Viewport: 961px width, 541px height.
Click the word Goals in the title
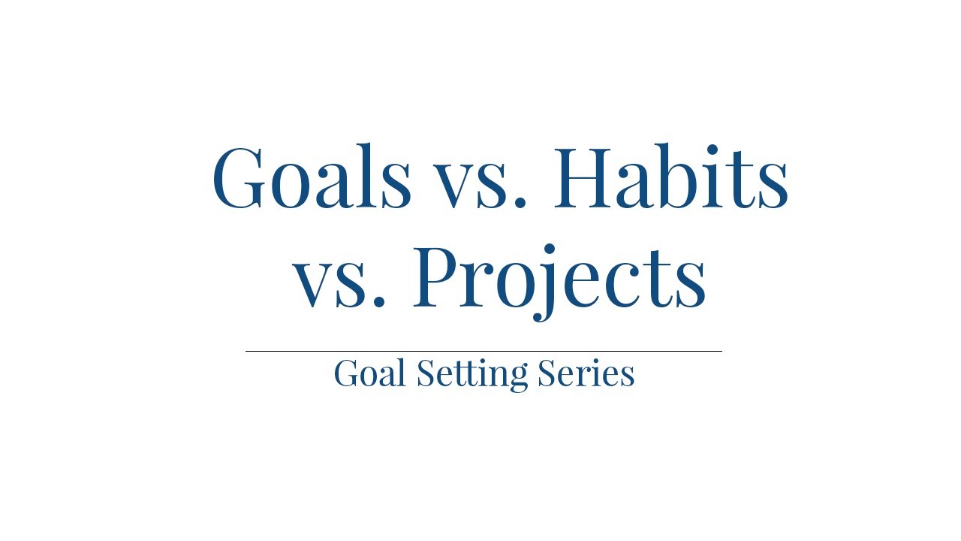[312, 177]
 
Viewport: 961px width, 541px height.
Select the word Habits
[670, 177]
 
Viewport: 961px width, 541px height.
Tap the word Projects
[559, 278]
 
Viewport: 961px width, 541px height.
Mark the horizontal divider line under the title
[484, 351]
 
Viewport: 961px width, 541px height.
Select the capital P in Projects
[441, 278]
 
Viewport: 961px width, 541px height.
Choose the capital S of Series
[547, 373]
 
